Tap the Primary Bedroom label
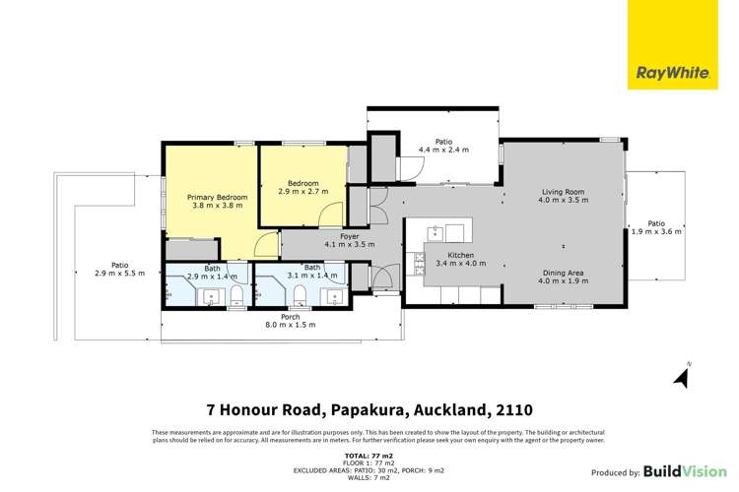[217, 197]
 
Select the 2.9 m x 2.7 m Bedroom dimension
[302, 193]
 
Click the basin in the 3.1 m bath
[336, 295]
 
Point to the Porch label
[291, 317]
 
